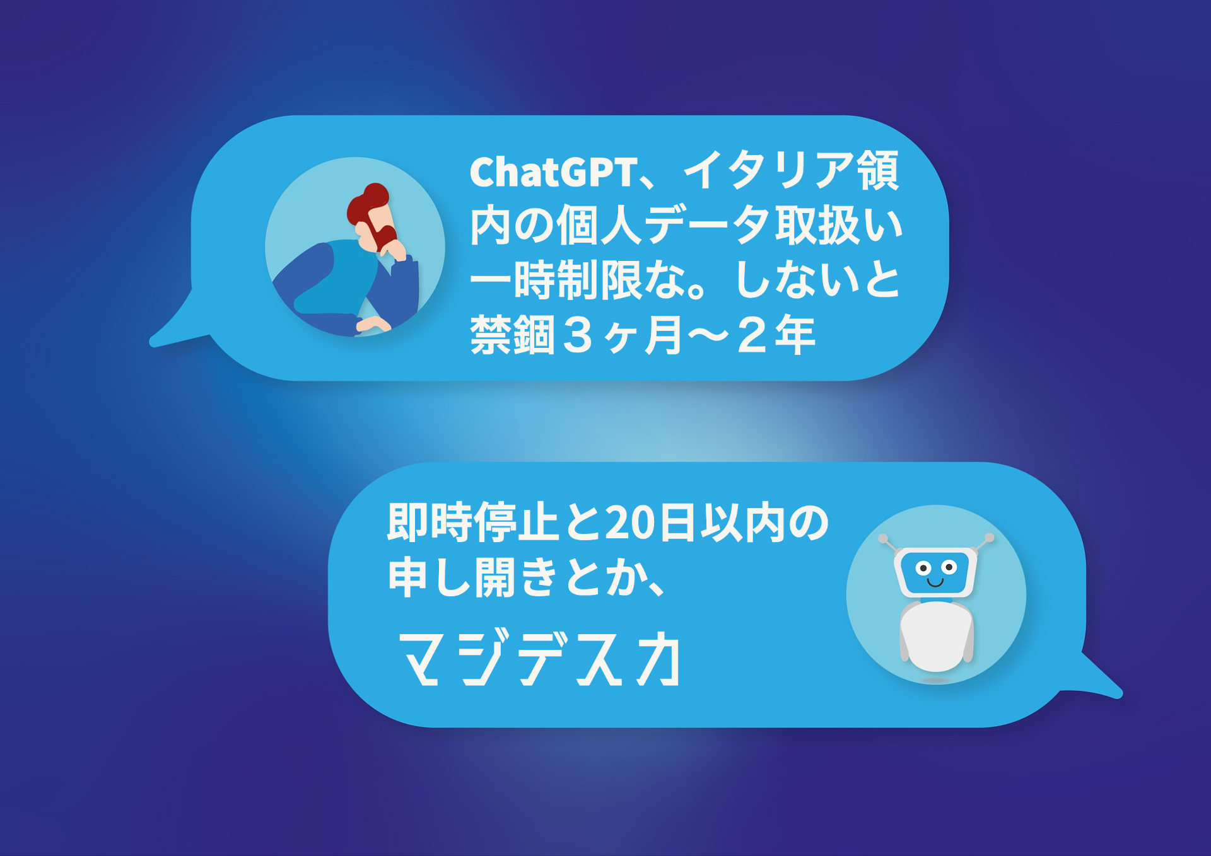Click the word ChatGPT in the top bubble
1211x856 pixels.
point(553,171)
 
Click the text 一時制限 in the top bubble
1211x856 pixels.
point(556,281)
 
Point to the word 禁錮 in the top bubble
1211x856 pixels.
point(512,335)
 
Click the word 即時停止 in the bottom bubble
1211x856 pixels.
point(473,523)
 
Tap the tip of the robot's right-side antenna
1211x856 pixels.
point(989,538)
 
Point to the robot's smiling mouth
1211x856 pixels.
point(935,582)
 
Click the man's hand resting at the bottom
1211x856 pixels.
point(373,325)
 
